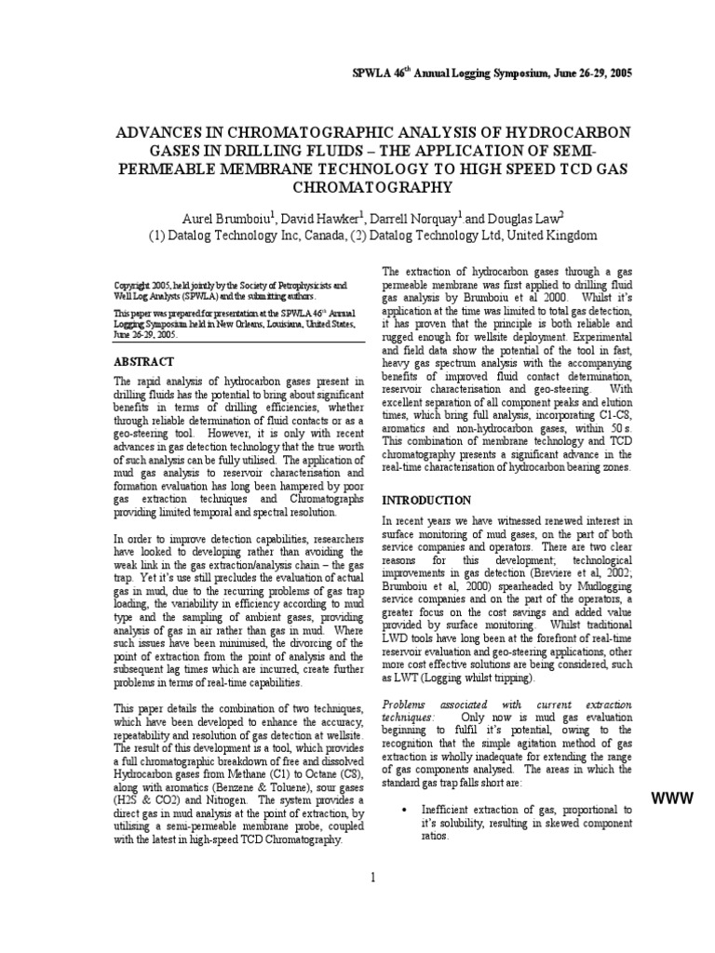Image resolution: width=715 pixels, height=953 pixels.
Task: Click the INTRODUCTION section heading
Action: click(x=426, y=500)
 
